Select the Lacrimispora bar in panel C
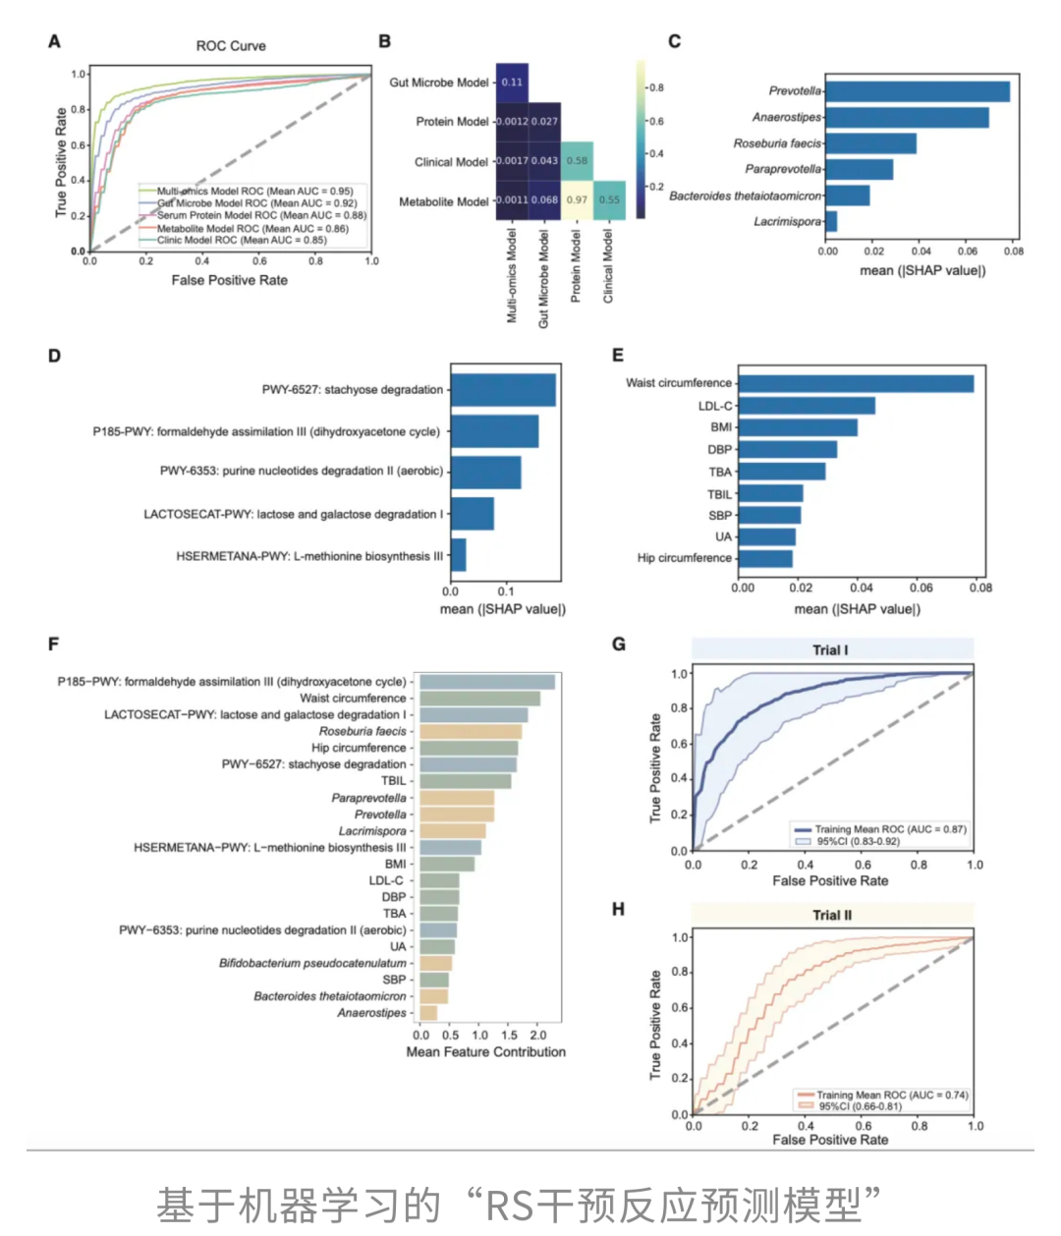pos(831,221)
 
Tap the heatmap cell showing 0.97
pos(577,199)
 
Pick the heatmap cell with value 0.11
pos(512,83)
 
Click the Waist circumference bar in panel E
pos(855,383)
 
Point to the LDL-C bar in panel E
pos(806,406)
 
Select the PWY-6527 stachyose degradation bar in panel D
pos(503,390)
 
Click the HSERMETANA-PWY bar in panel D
pos(458,555)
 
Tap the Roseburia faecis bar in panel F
pos(471,731)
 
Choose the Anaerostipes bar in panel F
pos(428,1013)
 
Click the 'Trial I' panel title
pos(831,649)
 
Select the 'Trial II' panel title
pos(832,915)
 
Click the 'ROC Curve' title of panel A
pos(231,46)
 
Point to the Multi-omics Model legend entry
pos(254,192)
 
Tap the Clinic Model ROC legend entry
pos(242,240)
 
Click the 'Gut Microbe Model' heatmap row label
pos(438,83)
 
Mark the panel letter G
pos(619,645)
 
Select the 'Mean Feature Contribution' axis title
pos(486,1051)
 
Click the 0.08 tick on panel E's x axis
pos(980,588)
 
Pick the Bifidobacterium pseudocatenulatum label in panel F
pos(312,963)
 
